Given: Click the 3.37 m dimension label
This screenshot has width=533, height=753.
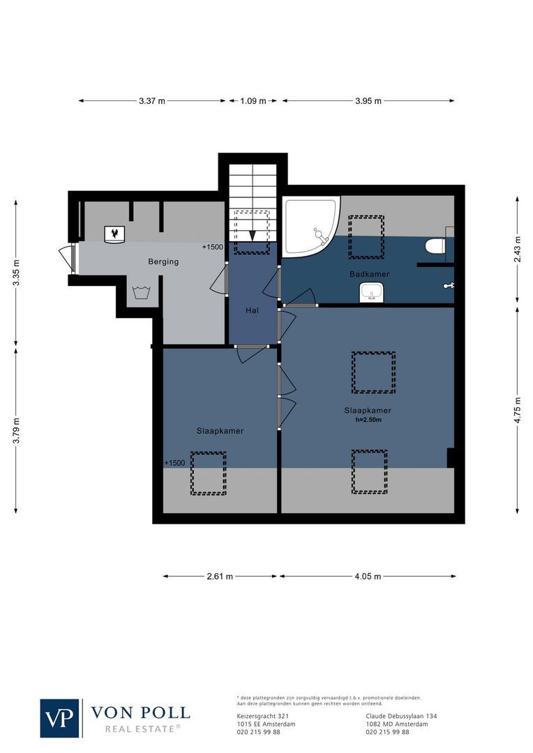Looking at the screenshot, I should (152, 101).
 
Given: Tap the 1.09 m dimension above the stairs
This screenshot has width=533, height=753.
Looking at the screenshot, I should (253, 101).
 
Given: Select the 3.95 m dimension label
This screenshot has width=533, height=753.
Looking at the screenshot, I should (368, 101).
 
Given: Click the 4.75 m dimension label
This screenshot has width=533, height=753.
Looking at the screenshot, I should (517, 410).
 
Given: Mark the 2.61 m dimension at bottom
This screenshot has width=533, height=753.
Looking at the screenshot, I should (220, 577).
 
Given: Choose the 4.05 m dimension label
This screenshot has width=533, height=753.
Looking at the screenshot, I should (368, 577).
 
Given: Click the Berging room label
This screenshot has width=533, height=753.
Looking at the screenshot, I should (163, 261).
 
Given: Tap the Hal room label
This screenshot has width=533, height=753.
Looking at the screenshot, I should (253, 310).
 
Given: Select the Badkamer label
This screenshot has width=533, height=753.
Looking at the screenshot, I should (369, 274).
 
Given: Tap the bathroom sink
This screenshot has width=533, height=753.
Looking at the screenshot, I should (371, 293).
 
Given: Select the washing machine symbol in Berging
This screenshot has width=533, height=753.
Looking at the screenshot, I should (142, 292).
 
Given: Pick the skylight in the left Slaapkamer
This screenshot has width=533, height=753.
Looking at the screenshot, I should (209, 473).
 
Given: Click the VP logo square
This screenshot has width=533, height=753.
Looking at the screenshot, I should (60, 718).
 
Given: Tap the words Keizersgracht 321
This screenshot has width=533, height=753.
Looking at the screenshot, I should (259, 716).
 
